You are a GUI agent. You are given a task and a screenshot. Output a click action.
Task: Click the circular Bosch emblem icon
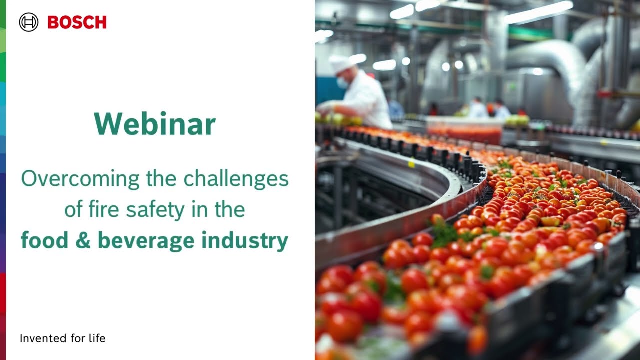(x=29, y=22)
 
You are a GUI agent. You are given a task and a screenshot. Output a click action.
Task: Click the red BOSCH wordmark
(x=77, y=22)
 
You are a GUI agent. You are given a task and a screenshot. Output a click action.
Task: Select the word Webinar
(x=155, y=124)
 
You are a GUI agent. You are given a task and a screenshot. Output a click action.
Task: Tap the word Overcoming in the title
(x=80, y=179)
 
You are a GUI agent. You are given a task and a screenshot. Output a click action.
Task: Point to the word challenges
(x=236, y=179)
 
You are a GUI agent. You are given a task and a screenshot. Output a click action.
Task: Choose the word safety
(x=155, y=210)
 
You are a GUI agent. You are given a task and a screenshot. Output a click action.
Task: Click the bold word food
(x=44, y=240)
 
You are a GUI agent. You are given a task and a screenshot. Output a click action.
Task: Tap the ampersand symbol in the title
(x=83, y=240)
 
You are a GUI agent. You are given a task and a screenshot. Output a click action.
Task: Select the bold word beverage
(x=146, y=241)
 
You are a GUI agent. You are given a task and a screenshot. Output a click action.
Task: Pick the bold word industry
(x=245, y=241)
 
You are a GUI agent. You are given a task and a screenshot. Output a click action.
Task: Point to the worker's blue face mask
(x=342, y=83)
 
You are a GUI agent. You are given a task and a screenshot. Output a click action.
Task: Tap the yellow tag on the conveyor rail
(x=411, y=163)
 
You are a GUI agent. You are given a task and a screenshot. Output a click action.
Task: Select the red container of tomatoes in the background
(x=464, y=131)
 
